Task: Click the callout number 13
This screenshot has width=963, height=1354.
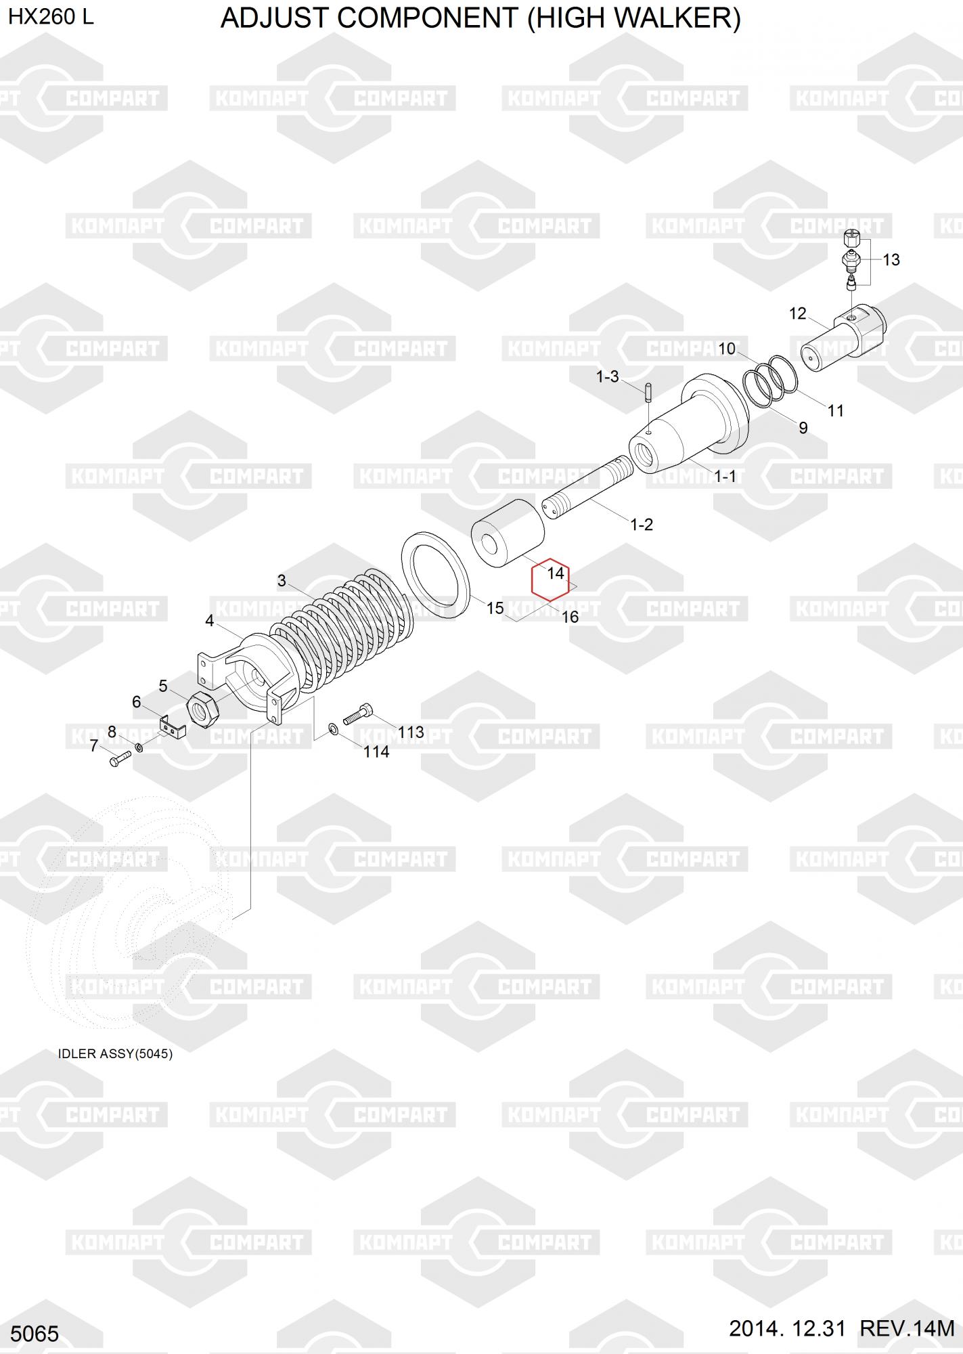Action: tap(891, 260)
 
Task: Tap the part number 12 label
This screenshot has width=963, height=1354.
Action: tap(798, 313)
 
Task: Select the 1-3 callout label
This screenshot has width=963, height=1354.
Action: tap(607, 376)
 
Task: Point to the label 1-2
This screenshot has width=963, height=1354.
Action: tap(642, 525)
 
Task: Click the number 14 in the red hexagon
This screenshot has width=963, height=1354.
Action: tap(556, 573)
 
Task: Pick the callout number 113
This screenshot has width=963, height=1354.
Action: tap(411, 732)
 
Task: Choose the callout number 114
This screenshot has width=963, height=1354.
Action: tap(376, 751)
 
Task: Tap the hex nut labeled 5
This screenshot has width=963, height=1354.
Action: tap(201, 711)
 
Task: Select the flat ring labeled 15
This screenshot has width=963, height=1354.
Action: tap(436, 575)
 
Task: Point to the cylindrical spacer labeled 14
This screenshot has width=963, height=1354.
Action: tap(508, 533)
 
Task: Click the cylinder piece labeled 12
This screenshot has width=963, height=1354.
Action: tap(843, 338)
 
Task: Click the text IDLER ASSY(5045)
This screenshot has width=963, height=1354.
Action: tap(115, 1054)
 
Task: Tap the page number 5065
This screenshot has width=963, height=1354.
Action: tap(35, 1334)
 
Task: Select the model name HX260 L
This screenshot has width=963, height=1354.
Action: tap(51, 17)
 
